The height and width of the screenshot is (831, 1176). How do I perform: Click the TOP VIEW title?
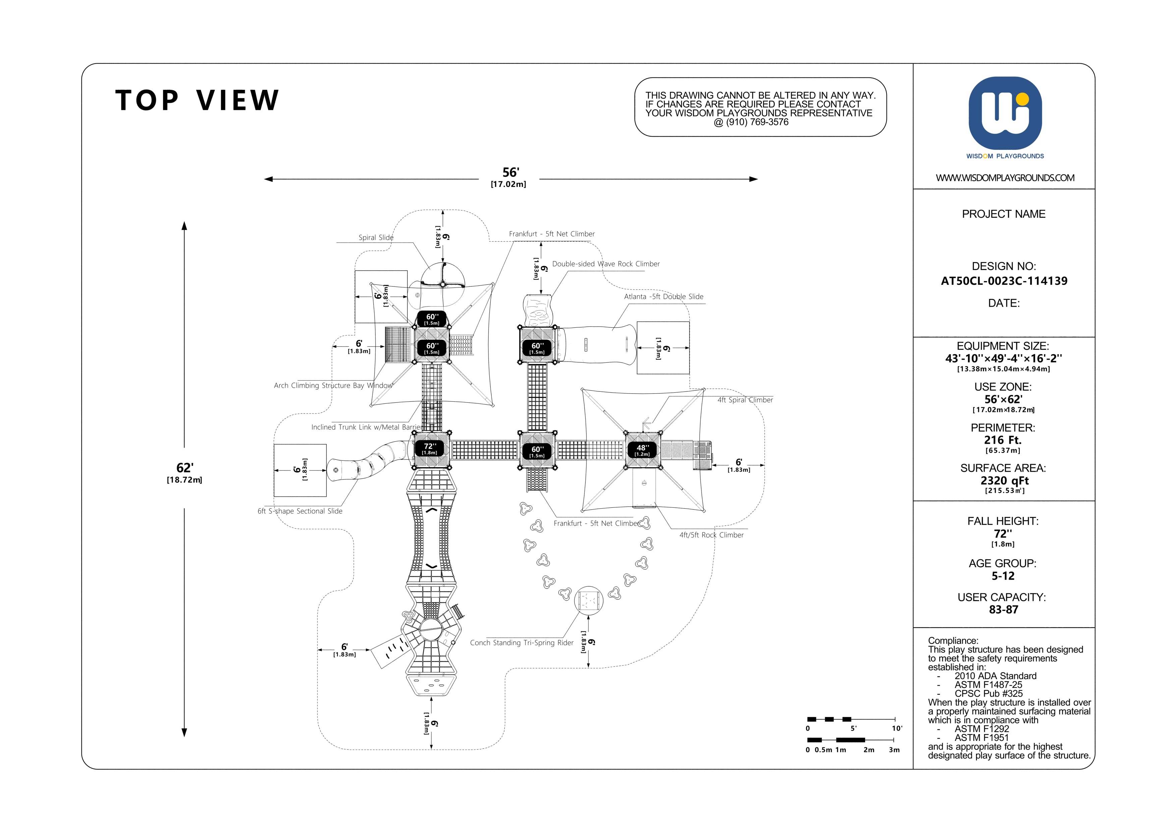(x=197, y=100)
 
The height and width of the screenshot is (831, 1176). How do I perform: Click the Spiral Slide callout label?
(x=376, y=238)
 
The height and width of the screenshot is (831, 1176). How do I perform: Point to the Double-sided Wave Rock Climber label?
(x=606, y=264)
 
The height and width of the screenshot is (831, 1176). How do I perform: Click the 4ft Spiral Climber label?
(x=745, y=400)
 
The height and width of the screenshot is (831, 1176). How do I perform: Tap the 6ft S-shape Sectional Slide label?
(x=300, y=511)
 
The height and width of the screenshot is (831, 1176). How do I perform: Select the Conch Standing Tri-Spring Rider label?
(x=522, y=643)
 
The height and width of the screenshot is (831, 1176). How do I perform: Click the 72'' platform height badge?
(x=430, y=449)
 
